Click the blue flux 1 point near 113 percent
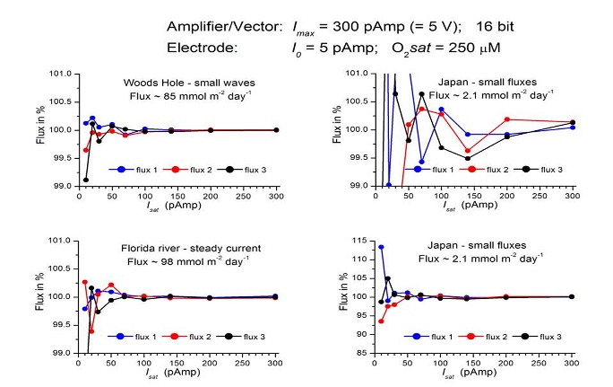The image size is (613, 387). click(x=381, y=247)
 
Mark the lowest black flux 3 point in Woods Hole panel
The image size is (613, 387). click(x=86, y=180)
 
